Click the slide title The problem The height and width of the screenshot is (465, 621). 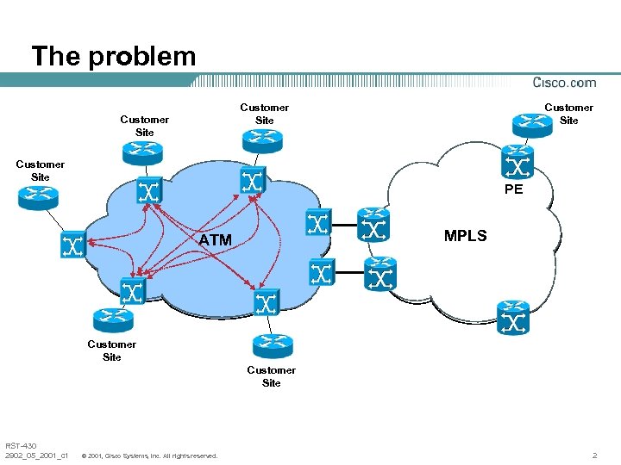pos(114,57)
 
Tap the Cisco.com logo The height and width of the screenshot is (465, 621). pos(564,83)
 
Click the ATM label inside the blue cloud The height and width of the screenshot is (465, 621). pos(215,240)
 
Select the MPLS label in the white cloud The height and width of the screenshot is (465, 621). pos(465,235)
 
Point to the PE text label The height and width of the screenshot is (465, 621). pos(513,189)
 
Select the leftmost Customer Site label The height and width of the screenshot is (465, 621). pos(40,170)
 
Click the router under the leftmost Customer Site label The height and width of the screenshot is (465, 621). pos(37,197)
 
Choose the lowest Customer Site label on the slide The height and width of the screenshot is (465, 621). pos(271,376)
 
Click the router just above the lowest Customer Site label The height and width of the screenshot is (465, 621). pos(271,345)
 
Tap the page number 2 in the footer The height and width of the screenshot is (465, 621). pos(594,454)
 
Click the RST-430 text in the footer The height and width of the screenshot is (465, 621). pos(21,445)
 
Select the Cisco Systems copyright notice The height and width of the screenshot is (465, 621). pos(148,455)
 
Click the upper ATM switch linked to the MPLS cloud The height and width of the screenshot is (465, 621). pos(317,224)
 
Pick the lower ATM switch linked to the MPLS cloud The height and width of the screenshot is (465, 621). pos(319,274)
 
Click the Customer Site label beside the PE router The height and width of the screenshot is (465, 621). pos(568,114)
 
